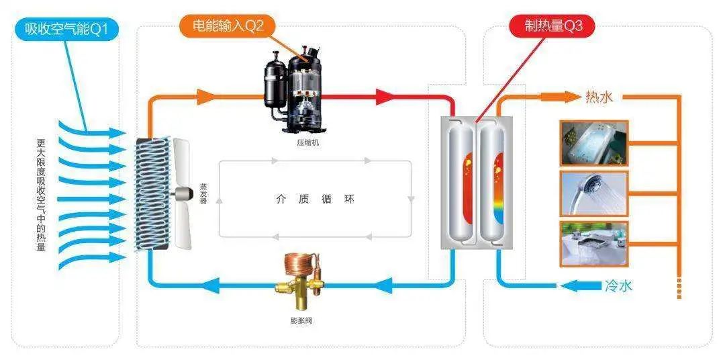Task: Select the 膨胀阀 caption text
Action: tap(296, 320)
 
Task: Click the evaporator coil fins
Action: tap(150, 195)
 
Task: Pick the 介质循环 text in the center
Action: tap(314, 199)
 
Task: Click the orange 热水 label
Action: tap(599, 97)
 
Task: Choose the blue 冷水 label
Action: tap(618, 285)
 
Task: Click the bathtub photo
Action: tap(593, 143)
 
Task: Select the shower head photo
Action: tap(593, 193)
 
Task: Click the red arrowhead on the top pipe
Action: tap(384, 97)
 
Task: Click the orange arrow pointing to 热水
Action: tap(569, 97)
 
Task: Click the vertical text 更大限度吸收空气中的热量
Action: tap(42, 195)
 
